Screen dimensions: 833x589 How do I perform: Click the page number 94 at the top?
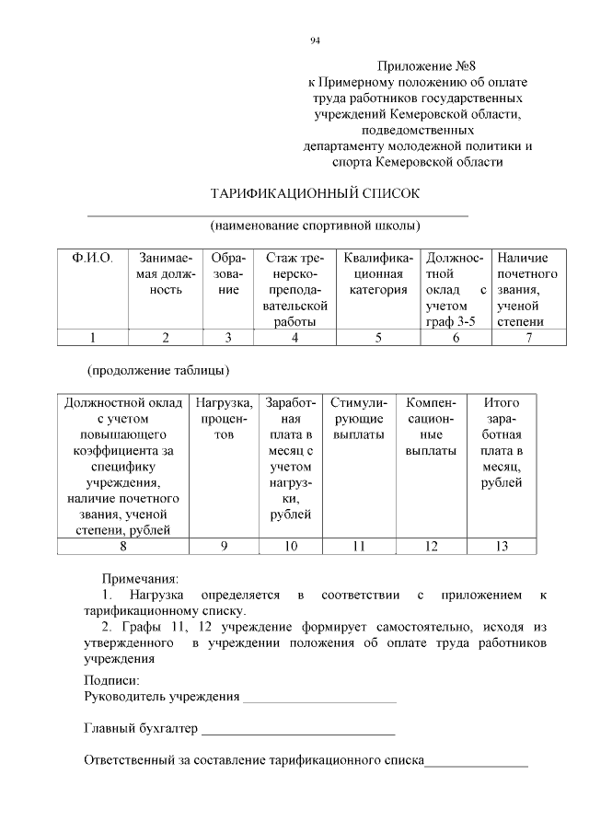click(315, 40)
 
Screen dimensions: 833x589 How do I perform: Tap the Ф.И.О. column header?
click(92, 260)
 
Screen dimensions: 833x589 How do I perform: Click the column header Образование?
click(227, 274)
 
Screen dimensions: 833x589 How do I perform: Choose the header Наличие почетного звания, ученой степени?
click(527, 290)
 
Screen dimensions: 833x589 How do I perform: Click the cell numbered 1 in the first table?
click(92, 337)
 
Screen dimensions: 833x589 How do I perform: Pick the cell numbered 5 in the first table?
click(378, 337)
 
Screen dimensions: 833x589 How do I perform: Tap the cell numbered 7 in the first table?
click(528, 337)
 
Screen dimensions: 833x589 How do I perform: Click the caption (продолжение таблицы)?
click(157, 372)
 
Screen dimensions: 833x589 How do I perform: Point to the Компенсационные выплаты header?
click(431, 427)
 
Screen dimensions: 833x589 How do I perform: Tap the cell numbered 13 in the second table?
click(502, 546)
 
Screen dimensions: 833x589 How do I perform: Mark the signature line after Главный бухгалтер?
click(298, 734)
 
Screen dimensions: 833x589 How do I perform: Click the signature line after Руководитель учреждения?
click(318, 700)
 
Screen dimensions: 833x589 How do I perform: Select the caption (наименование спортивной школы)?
click(315, 225)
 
